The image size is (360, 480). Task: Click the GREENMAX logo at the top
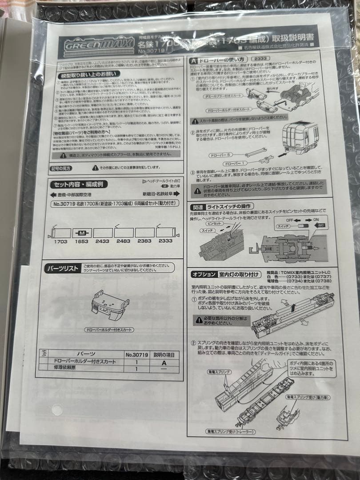click(x=99, y=44)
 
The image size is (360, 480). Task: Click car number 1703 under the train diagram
click(x=61, y=241)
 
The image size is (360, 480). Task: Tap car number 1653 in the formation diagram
click(x=82, y=241)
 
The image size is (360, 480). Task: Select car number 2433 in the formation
click(x=103, y=241)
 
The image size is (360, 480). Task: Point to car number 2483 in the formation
click(x=123, y=241)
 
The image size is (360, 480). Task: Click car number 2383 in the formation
click(x=144, y=241)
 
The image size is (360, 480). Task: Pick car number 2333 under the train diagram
click(x=165, y=241)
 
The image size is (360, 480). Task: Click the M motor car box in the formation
click(x=82, y=232)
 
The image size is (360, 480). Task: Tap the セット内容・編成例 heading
click(x=73, y=184)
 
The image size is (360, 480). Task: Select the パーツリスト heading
click(x=63, y=268)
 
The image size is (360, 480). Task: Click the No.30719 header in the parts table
click(x=136, y=355)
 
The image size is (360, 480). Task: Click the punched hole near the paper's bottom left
click(x=56, y=409)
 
